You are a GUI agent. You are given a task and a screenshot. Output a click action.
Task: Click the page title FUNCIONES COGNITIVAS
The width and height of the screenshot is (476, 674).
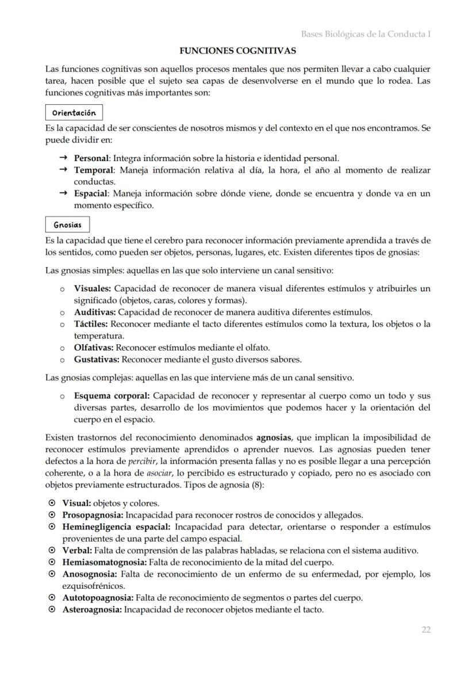237,51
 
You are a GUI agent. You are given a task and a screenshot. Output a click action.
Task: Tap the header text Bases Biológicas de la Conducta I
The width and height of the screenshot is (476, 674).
366,34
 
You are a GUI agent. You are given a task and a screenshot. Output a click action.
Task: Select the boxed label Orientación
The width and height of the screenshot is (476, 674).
74,112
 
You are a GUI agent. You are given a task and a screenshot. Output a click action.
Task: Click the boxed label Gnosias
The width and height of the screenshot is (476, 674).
67,224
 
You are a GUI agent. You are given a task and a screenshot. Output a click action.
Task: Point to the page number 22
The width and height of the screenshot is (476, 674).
425,630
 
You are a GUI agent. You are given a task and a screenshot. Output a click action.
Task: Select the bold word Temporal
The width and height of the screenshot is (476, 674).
94,170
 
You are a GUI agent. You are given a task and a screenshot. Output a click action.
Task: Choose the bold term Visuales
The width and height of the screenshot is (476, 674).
92,288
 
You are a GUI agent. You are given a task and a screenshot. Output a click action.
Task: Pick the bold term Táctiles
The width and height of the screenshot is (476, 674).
91,324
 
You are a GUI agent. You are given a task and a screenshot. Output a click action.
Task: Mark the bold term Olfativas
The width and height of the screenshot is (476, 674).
94,348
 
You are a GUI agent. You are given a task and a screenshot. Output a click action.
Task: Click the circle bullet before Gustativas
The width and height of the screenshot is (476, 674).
62,360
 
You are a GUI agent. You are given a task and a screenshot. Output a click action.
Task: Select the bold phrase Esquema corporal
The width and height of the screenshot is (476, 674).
112,396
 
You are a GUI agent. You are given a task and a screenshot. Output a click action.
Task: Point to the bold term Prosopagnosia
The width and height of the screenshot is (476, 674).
93,515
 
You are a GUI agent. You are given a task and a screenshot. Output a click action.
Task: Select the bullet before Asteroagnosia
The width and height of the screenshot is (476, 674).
52,610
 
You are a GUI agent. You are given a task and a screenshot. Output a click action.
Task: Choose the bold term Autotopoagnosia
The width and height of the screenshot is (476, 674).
98,597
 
